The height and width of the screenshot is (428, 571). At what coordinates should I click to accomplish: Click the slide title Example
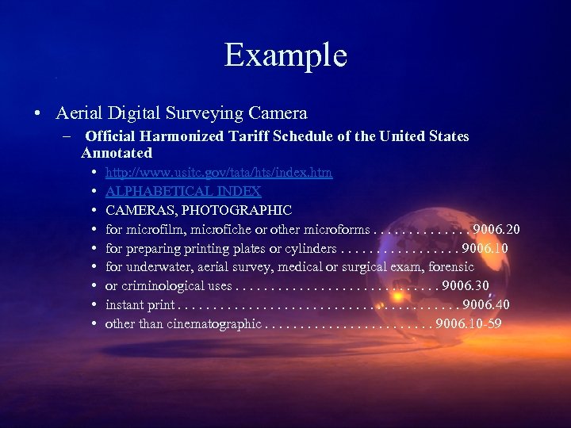(x=285, y=55)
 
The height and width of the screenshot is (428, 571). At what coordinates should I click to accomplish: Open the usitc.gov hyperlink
(x=219, y=172)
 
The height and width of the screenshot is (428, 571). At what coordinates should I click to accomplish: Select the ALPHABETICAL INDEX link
(x=183, y=191)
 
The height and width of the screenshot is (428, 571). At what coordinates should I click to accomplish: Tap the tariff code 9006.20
(x=496, y=230)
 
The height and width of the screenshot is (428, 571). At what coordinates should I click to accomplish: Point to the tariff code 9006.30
(x=466, y=285)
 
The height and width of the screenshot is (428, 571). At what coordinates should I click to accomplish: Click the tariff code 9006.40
(x=486, y=304)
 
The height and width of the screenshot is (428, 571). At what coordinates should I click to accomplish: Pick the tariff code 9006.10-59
(x=468, y=323)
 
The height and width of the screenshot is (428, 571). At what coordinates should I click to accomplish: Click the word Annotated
(x=117, y=152)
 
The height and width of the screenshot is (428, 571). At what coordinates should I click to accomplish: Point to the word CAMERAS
(x=134, y=210)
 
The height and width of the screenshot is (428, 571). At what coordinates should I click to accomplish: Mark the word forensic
(x=451, y=267)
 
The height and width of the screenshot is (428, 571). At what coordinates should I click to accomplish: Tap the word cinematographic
(x=213, y=323)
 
